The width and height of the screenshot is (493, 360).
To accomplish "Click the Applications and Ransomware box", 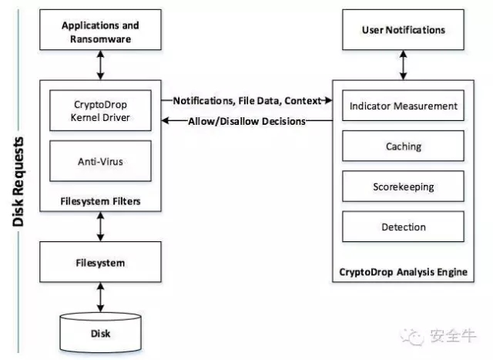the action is (100, 29).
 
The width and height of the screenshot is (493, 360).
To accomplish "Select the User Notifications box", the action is (403, 29).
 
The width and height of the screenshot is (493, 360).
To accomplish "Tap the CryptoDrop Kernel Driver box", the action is (100, 110).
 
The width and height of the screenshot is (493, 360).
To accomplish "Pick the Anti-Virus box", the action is (100, 161).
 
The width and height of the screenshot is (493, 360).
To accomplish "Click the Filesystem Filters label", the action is (100, 201).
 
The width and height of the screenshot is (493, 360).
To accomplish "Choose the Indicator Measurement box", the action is (403, 106).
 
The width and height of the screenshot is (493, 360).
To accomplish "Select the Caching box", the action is (403, 146).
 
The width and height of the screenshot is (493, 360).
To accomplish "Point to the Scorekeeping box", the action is (403, 187).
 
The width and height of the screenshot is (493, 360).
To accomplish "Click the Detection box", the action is (403, 227).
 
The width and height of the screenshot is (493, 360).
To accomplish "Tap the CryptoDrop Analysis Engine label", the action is (403, 272).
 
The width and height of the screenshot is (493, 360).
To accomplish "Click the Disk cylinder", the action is (100, 332).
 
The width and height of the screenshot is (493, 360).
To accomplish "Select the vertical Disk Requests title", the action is (18, 182).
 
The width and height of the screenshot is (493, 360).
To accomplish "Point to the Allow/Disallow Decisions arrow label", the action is (246, 121).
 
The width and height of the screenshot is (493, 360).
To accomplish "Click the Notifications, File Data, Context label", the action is (247, 101).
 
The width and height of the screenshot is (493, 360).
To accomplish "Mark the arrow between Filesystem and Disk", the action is (100, 297).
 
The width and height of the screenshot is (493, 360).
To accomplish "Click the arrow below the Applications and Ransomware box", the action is (100, 66).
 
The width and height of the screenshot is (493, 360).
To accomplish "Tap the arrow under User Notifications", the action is (403, 66).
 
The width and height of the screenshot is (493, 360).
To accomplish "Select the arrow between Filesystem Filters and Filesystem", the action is (100, 227).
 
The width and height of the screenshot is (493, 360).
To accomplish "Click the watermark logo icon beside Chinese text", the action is (412, 337).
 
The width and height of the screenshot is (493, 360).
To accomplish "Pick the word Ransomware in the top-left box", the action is (101, 39).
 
